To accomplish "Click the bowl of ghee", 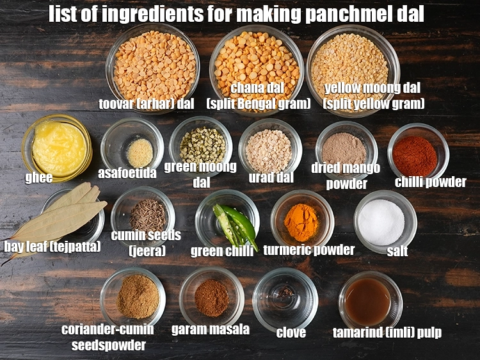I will click(58, 147).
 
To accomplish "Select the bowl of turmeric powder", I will click(301, 221).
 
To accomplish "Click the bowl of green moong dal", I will click(202, 144).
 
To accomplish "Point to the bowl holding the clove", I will click(285, 298).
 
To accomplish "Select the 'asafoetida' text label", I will click(127, 173).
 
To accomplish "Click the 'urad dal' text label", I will click(271, 177).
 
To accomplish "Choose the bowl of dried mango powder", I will click(346, 149).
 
